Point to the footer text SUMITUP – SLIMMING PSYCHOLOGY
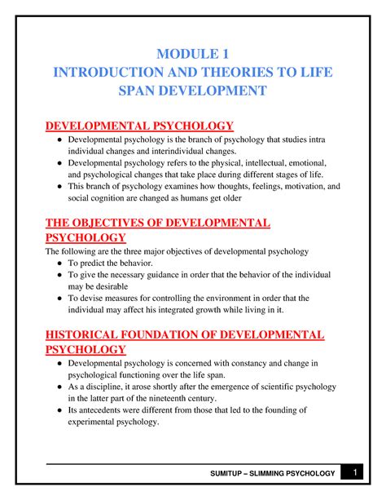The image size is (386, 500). (274, 474)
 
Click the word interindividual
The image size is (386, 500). (178, 151)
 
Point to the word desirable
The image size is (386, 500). (108, 287)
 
